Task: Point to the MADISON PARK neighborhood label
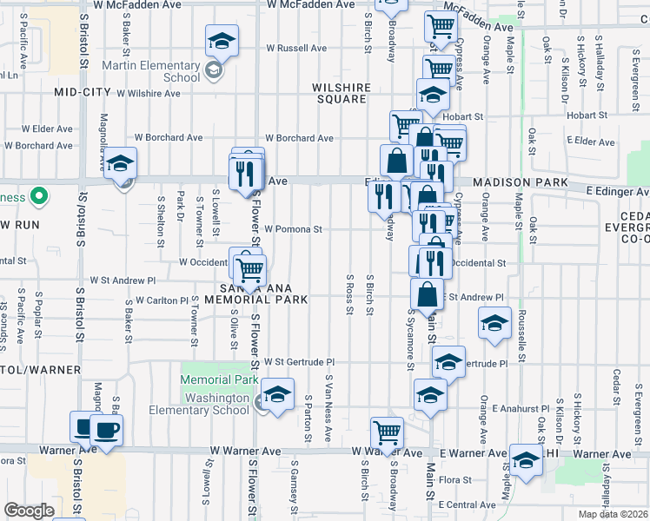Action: pos(520,183)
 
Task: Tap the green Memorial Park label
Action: pos(219,379)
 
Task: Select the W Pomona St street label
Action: pos(294,230)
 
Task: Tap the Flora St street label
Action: pos(455,479)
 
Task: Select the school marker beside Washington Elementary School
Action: pos(277,396)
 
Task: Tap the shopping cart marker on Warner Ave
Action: pos(387,432)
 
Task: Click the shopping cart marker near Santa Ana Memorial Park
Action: pos(250,269)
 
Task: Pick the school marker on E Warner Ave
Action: pos(525,461)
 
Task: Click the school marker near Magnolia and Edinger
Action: pos(121,164)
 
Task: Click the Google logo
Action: pos(29,511)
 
